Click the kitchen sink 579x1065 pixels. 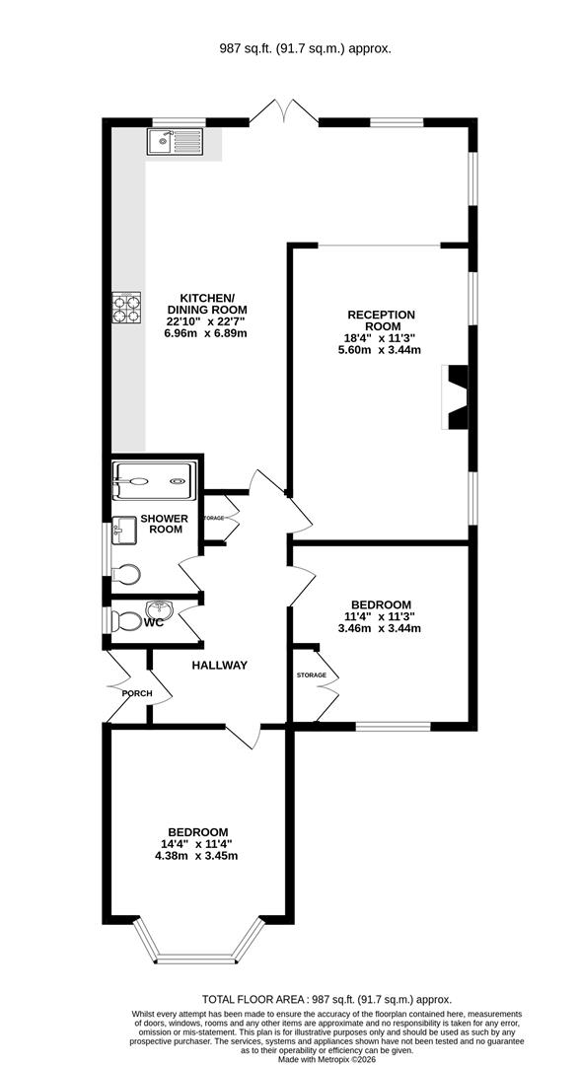tap(175, 142)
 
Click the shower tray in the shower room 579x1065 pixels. tap(156, 481)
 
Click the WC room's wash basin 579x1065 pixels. tap(159, 605)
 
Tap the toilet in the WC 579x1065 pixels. tap(124, 621)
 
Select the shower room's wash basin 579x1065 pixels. tap(124, 530)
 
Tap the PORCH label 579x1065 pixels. tap(137, 693)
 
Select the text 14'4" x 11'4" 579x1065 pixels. tap(198, 844)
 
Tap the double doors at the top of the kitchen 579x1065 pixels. tap(283, 111)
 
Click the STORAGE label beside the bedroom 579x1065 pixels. tap(312, 675)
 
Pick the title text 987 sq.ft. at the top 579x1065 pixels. tap(243, 49)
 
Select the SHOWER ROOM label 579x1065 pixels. tap(166, 524)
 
